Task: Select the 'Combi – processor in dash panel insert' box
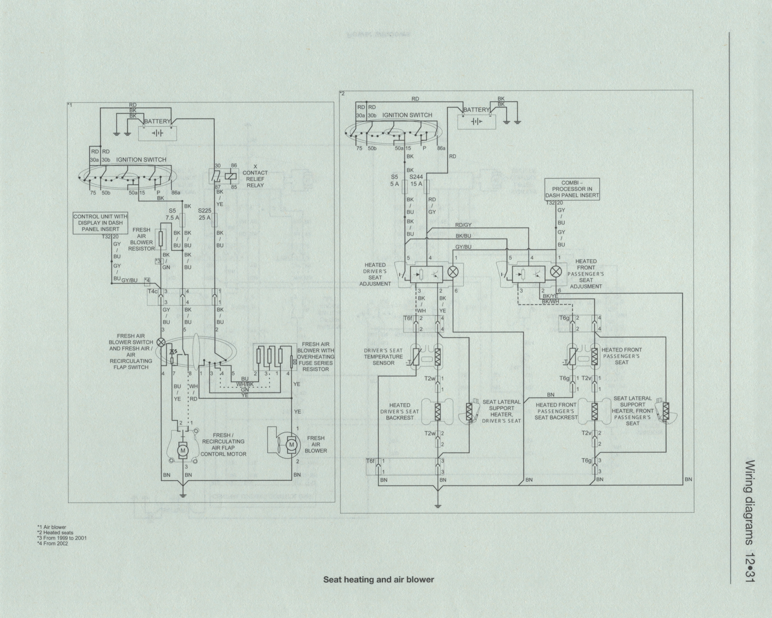click(x=572, y=189)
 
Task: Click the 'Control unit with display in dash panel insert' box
click(x=101, y=223)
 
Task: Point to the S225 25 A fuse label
click(x=204, y=214)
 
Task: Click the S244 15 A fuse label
click(x=416, y=180)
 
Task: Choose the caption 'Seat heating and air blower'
click(x=379, y=579)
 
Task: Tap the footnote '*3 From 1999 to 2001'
click(x=62, y=538)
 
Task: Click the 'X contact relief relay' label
click(x=255, y=176)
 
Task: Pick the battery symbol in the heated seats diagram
click(x=476, y=121)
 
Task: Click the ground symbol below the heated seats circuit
click(x=439, y=505)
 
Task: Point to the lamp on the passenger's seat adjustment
click(x=556, y=271)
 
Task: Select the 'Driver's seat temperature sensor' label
click(x=383, y=357)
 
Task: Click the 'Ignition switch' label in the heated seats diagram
click(x=407, y=115)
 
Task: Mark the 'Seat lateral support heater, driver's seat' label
click(x=501, y=411)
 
